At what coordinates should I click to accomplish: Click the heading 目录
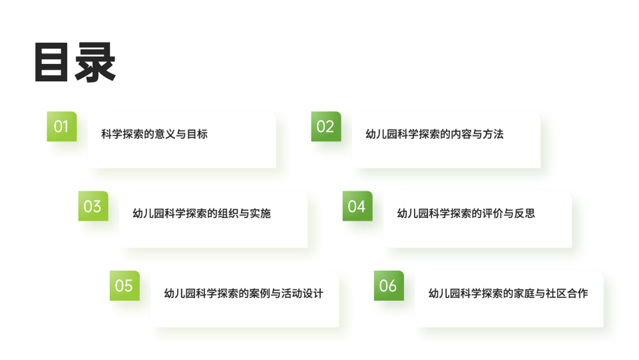click(75, 63)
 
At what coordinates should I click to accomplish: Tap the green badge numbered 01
click(61, 127)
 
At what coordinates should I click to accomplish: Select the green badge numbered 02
click(326, 127)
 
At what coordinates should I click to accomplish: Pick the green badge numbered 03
click(93, 206)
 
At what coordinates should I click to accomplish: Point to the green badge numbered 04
click(357, 206)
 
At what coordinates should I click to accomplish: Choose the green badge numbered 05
click(125, 285)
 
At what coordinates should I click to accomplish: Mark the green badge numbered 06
click(389, 285)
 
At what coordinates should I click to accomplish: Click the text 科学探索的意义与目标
click(155, 134)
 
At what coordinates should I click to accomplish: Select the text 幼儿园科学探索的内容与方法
click(435, 134)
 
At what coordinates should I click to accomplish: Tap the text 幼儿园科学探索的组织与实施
click(202, 214)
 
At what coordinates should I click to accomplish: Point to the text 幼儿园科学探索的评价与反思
click(466, 214)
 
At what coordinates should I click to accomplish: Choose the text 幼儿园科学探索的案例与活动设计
click(243, 293)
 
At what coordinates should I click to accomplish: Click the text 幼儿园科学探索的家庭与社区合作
click(508, 293)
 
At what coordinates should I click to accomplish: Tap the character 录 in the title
click(95, 63)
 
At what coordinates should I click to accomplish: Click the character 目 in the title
click(51, 63)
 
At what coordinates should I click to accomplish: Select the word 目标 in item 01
click(197, 134)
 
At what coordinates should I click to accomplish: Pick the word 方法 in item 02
click(493, 134)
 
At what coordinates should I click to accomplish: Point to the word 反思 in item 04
click(525, 214)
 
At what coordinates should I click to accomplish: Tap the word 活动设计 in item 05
click(302, 293)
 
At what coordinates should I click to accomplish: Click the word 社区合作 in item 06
click(567, 293)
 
